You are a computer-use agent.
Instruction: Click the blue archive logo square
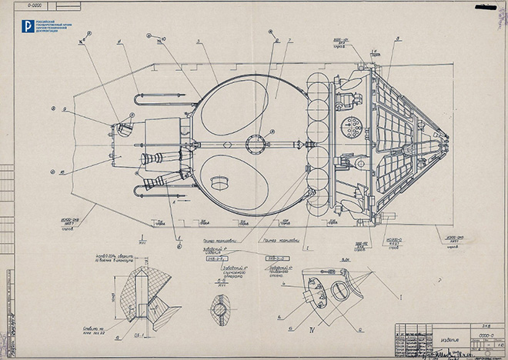(27, 26)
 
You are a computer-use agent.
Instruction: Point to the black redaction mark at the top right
(486, 7)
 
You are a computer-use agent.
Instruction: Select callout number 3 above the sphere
(198, 42)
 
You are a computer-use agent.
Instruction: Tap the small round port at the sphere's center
(255, 142)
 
